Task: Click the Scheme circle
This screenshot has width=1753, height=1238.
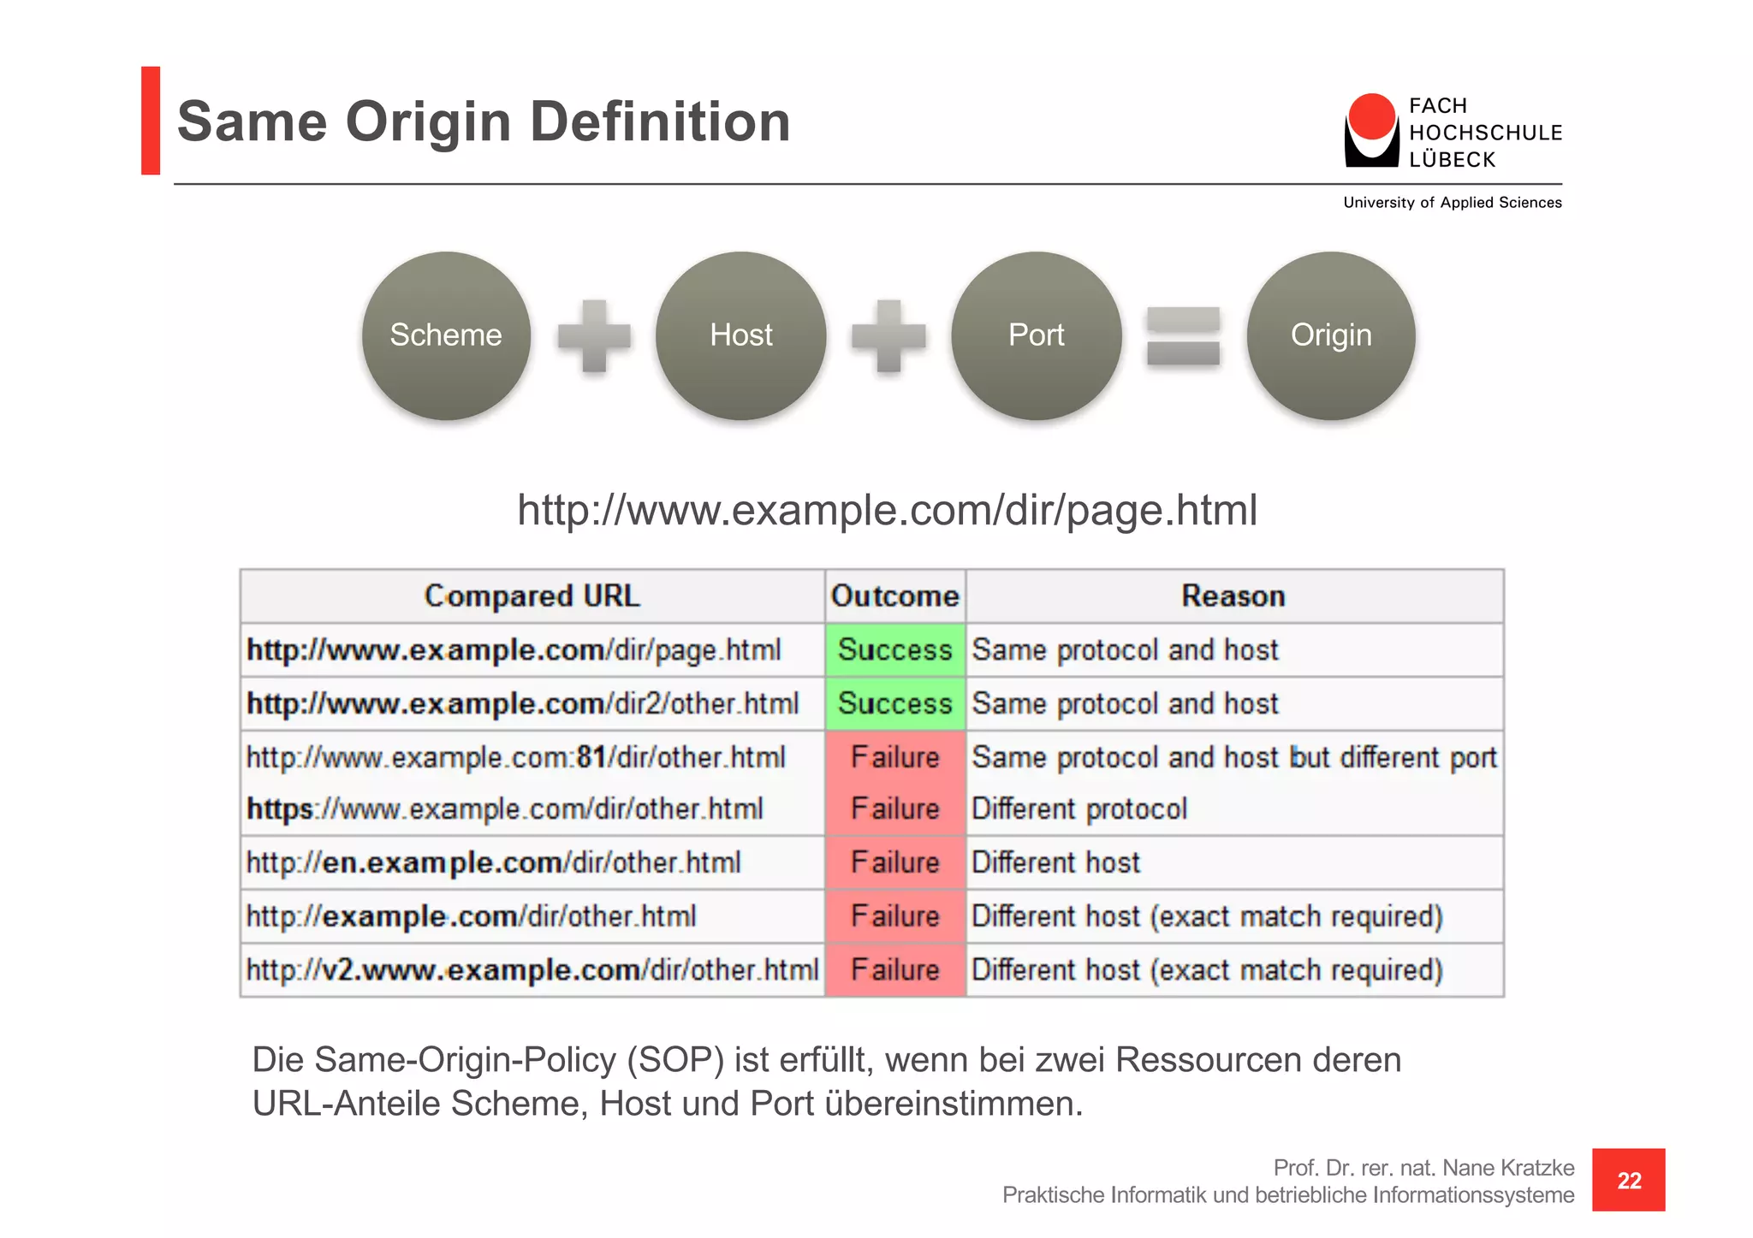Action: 446,335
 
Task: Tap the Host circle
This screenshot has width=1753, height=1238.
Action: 741,335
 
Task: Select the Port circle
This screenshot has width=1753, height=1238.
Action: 1036,335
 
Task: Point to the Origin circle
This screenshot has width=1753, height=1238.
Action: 1331,335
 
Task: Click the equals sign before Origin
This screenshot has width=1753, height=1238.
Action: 1183,335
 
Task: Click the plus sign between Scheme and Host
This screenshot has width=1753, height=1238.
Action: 594,335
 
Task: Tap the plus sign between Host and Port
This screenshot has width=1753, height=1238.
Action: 888,335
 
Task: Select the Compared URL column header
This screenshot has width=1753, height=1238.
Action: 532,595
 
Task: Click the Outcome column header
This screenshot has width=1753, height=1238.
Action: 895,595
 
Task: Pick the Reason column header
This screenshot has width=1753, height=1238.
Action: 1233,595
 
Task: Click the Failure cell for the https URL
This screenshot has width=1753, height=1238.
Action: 895,809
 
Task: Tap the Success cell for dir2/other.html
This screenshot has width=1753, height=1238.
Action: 895,703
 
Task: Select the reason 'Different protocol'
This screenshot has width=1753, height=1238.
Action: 1079,809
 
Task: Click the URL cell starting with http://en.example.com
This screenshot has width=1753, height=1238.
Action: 494,862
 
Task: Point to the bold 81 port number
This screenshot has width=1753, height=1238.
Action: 591,757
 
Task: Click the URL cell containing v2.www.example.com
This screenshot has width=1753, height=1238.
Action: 532,970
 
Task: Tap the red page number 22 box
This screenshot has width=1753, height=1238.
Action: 1628,1180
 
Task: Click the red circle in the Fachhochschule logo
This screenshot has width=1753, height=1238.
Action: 1371,117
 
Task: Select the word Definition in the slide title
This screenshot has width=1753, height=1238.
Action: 660,121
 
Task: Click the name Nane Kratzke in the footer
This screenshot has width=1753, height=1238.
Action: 1507,1168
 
